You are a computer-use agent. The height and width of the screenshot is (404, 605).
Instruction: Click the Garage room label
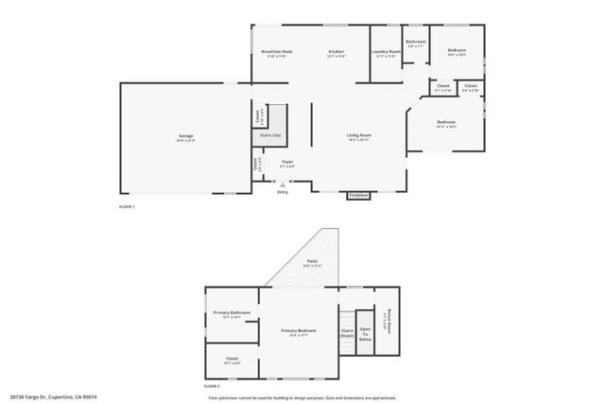click(186, 137)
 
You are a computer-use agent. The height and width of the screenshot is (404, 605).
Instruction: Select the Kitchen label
click(336, 51)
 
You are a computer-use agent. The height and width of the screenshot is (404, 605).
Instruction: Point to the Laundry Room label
click(386, 52)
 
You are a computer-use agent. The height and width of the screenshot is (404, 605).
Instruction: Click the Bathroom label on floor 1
click(416, 43)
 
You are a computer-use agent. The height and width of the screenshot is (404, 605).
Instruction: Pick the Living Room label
click(357, 137)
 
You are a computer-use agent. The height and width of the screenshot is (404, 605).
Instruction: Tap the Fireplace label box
click(358, 195)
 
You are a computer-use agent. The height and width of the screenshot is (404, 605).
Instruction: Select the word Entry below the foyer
click(282, 193)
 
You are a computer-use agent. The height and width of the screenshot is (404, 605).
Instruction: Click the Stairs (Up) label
click(270, 136)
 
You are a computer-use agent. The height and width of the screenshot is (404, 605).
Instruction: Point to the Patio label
click(312, 262)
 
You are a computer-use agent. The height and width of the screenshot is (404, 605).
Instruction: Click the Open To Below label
click(365, 334)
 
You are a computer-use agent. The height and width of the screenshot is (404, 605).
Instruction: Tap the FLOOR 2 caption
click(212, 388)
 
